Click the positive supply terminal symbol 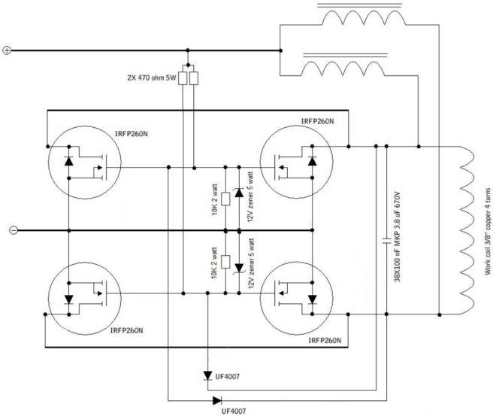pos(7,51)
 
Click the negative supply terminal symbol pos(7,231)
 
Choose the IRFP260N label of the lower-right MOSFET pos(325,340)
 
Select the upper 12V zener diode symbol pos(240,193)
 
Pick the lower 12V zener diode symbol pos(240,266)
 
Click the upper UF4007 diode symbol pos(207,374)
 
